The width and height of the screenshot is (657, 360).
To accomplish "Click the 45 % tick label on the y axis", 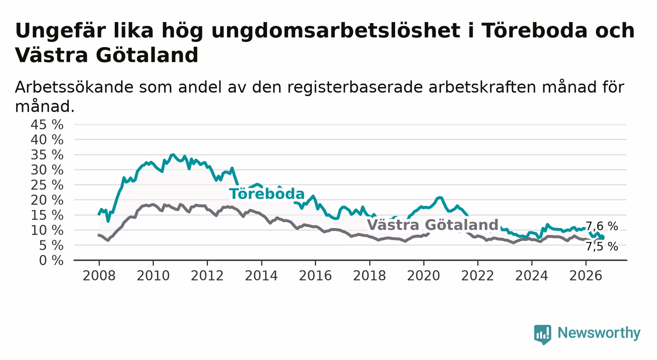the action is pyautogui.click(x=47, y=125).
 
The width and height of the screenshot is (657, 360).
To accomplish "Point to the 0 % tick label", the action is pyautogui.click(x=51, y=260).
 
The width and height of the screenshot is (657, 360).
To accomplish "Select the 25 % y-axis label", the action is pyautogui.click(x=47, y=185).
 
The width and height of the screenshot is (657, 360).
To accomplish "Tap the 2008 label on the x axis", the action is pyautogui.click(x=99, y=276).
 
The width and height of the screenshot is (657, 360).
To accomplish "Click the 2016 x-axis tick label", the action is pyautogui.click(x=315, y=276).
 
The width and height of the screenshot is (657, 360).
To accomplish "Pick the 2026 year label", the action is pyautogui.click(x=586, y=276).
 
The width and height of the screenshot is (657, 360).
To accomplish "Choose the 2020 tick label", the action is pyautogui.click(x=424, y=276).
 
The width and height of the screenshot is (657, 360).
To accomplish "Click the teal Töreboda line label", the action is pyautogui.click(x=267, y=194).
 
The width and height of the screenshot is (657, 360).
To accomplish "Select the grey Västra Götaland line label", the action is pyautogui.click(x=432, y=225).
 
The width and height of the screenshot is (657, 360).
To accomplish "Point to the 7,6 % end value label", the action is pyautogui.click(x=602, y=226).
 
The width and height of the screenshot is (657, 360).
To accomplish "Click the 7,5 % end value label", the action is pyautogui.click(x=602, y=247).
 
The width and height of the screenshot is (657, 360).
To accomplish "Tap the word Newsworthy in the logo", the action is pyautogui.click(x=599, y=333).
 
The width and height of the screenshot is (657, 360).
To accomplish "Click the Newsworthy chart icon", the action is pyautogui.click(x=543, y=334).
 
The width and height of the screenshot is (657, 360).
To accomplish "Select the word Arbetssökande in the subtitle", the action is pyautogui.click(x=74, y=87).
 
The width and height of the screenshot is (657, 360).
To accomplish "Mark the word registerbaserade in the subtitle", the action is pyautogui.click(x=355, y=88).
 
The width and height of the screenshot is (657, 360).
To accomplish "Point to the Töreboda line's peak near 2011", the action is pyautogui.click(x=173, y=154).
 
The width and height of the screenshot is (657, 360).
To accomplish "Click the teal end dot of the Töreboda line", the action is pyautogui.click(x=602, y=237).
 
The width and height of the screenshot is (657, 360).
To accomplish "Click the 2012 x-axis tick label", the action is pyautogui.click(x=207, y=276).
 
